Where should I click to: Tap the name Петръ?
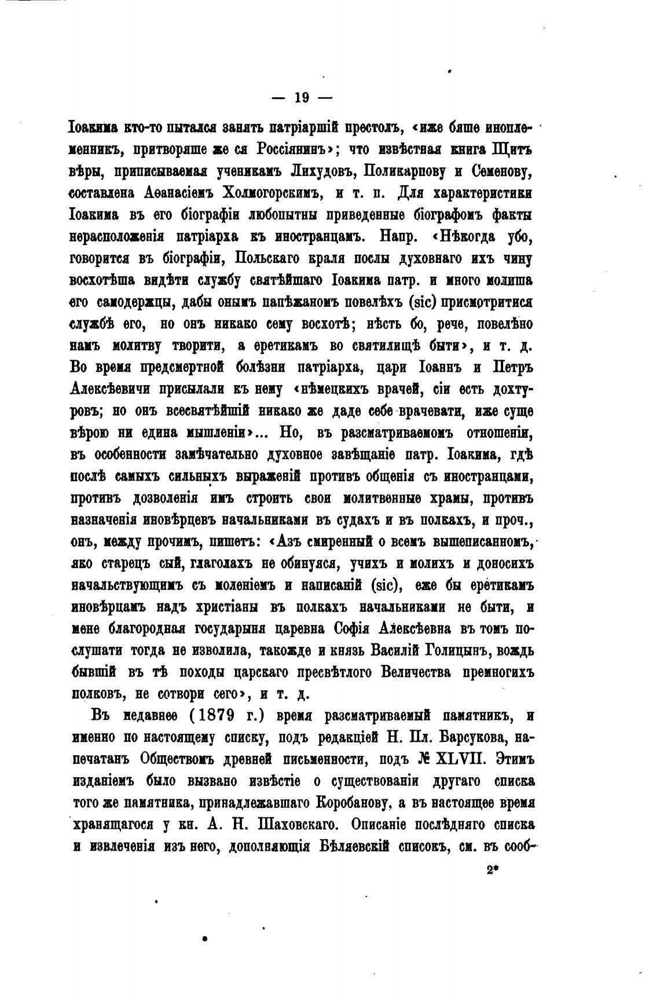[x=512, y=367]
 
